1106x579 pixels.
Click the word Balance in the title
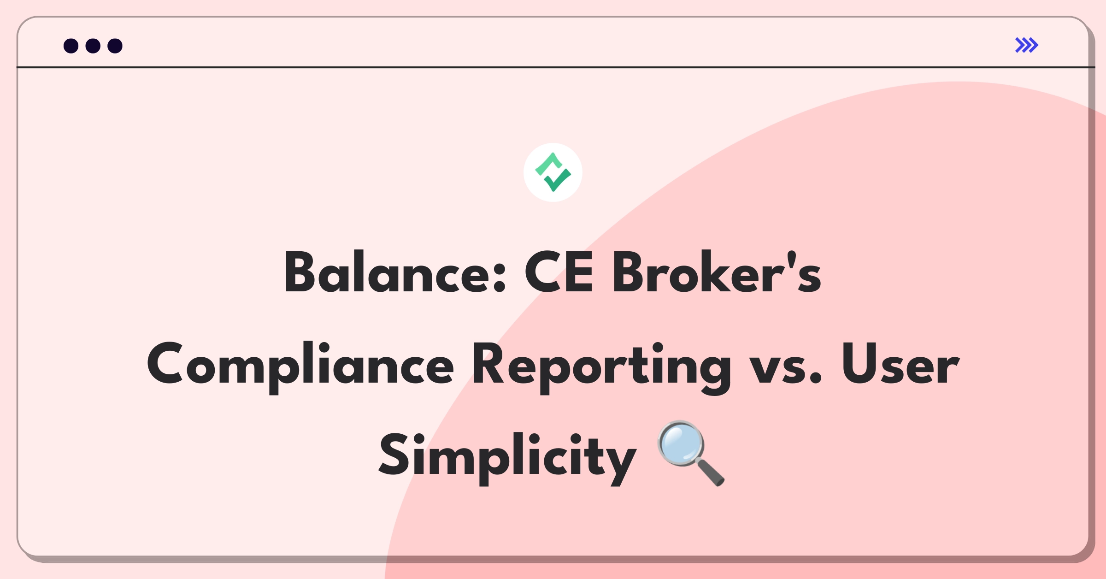click(x=386, y=273)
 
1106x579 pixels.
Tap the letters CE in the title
click(x=559, y=273)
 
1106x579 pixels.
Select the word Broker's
click(x=717, y=273)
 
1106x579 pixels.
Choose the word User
click(x=900, y=364)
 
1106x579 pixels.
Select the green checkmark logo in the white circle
click(x=553, y=172)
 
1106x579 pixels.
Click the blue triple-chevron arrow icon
click(x=1027, y=45)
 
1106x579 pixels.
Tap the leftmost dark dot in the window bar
click(x=71, y=46)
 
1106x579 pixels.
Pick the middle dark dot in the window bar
click(x=93, y=46)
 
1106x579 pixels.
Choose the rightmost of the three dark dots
click(x=115, y=46)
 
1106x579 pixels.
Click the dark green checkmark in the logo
click(x=558, y=181)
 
